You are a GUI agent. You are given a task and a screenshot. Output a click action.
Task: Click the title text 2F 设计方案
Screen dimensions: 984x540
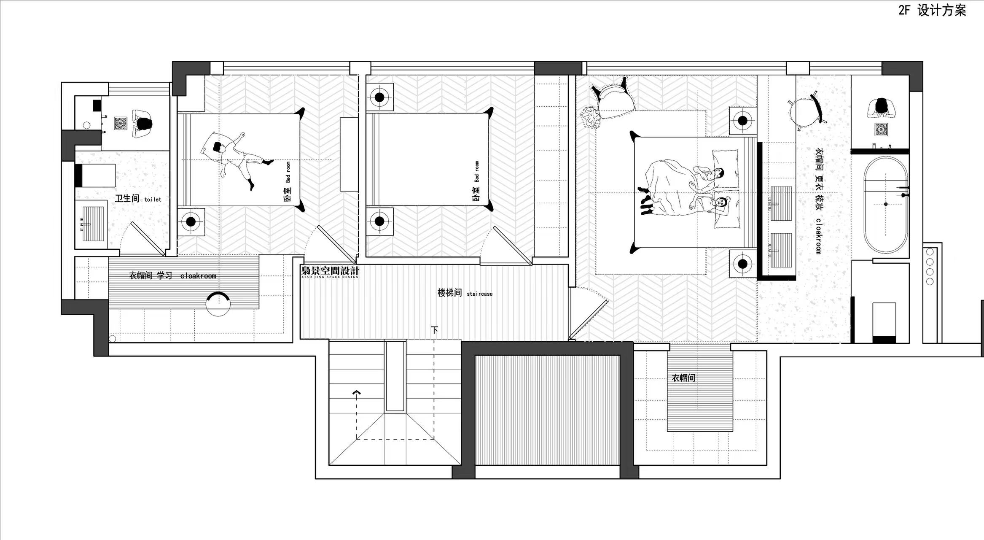point(932,10)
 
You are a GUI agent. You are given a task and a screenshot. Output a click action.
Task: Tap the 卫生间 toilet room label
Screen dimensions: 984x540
point(138,198)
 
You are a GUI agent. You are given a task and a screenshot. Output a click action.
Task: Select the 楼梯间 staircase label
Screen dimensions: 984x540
point(465,293)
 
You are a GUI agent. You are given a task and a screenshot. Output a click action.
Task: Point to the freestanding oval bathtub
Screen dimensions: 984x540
point(885,205)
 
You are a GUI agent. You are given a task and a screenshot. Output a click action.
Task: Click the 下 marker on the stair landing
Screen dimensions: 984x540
point(434,329)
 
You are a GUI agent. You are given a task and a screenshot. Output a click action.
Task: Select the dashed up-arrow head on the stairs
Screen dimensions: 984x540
point(357,393)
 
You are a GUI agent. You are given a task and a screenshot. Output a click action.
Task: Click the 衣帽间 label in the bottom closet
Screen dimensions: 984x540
point(683,378)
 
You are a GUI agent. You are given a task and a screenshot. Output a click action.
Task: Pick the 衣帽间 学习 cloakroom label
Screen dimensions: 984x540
point(172,276)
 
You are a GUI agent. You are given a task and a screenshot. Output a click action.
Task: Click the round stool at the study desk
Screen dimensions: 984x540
point(218,304)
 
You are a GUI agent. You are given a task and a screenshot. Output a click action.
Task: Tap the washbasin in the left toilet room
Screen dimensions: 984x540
point(93,224)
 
